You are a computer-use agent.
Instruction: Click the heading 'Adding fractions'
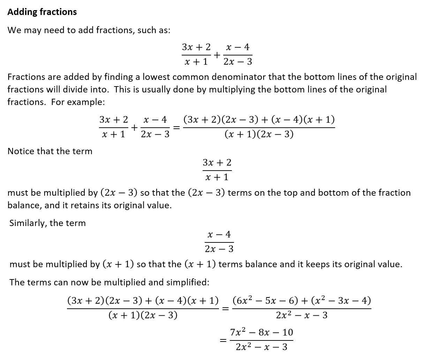(x=42, y=12)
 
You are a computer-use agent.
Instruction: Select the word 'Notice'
(x=21, y=151)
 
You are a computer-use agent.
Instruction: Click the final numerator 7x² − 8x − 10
(x=262, y=332)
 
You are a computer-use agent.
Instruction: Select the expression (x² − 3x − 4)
(x=341, y=300)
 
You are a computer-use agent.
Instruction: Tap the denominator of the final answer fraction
(x=262, y=347)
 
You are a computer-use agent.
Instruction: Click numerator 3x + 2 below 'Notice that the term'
(x=217, y=163)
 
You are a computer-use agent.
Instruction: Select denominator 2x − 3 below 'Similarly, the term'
(x=219, y=249)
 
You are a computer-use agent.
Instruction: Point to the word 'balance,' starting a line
(x=24, y=205)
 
